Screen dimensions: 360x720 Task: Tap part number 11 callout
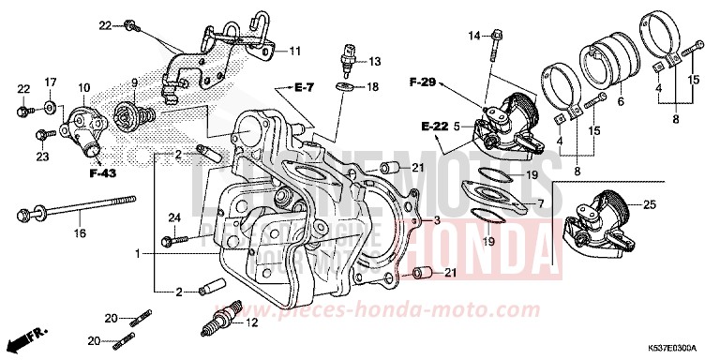[294, 51]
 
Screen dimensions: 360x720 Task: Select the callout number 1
[138, 254]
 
